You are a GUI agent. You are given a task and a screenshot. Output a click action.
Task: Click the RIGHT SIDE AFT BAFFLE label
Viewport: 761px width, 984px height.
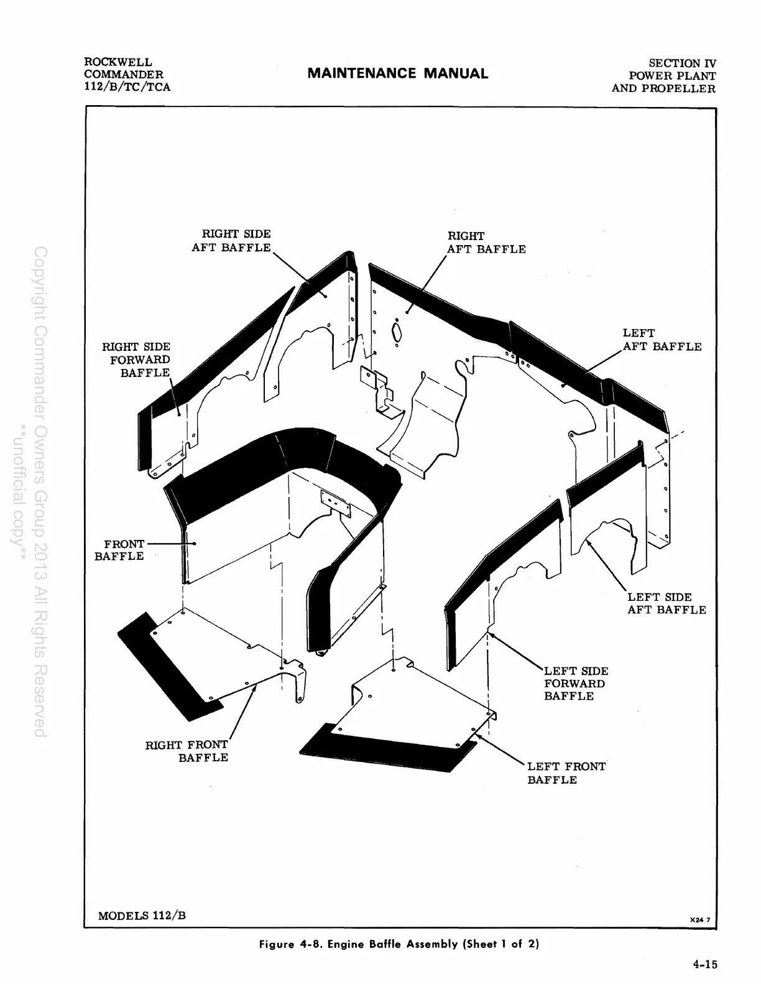[231, 241]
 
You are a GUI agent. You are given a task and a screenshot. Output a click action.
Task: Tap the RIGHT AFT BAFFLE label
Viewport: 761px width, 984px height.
[486, 243]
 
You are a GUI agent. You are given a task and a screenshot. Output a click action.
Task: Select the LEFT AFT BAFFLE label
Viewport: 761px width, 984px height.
[662, 340]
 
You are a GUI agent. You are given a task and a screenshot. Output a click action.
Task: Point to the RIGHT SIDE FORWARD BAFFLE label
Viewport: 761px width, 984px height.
[136, 360]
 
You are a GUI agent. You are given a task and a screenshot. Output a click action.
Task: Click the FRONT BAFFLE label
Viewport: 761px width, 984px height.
[119, 550]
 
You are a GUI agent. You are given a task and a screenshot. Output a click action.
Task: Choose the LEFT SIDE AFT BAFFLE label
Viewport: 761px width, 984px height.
[666, 603]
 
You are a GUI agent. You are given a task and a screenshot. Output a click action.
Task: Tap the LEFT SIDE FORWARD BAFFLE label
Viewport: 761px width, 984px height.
[575, 683]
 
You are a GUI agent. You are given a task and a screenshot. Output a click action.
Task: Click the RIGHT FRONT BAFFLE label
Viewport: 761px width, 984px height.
[187, 751]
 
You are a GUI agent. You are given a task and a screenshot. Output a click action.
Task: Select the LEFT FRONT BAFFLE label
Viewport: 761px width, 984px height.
[566, 773]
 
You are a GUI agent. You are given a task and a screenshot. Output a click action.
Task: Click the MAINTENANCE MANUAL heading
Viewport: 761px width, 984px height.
[398, 73]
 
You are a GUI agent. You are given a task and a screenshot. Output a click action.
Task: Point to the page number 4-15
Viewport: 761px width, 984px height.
[705, 964]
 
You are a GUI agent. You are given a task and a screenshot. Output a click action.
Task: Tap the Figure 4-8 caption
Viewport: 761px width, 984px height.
[398, 944]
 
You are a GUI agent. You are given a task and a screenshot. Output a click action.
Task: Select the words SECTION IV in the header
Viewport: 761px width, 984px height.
[682, 63]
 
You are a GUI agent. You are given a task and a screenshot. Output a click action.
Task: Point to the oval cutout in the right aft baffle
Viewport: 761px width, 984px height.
[397, 332]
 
